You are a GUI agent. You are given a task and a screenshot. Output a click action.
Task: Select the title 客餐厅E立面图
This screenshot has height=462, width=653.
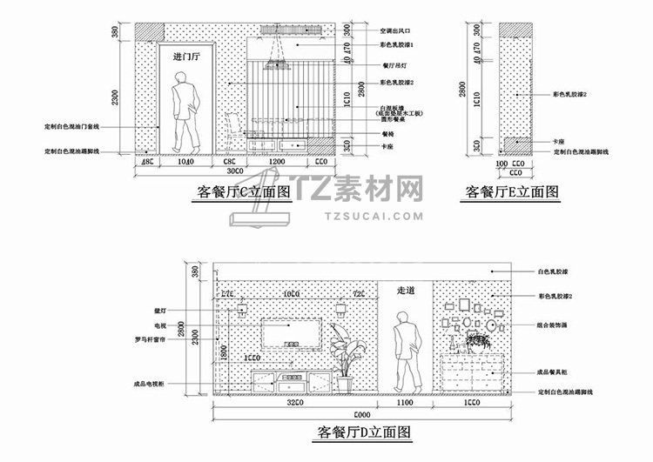point(511,193)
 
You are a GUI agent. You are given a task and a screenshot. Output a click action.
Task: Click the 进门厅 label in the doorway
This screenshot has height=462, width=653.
point(186,57)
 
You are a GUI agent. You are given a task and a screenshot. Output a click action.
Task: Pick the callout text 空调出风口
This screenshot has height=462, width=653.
point(401,30)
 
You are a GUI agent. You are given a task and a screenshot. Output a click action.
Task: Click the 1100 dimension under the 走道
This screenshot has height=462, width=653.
point(406,404)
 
